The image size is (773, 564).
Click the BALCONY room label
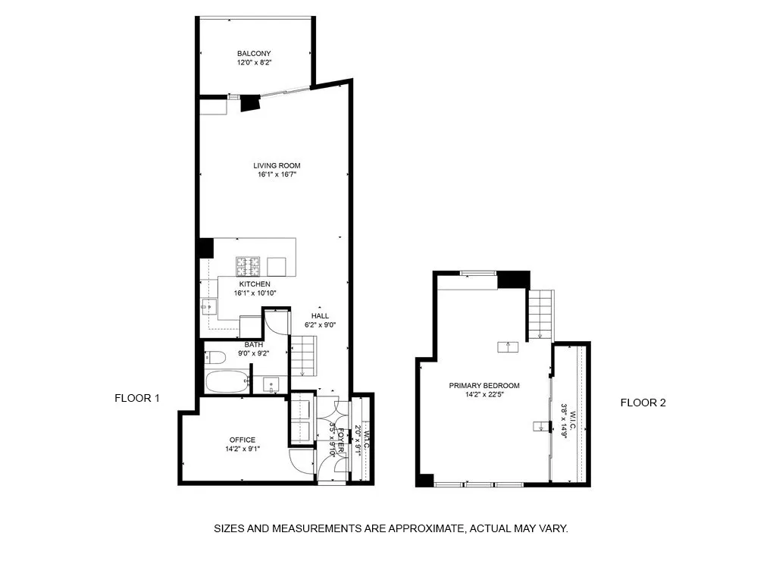click(x=254, y=53)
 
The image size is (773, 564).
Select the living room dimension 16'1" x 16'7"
click(x=277, y=175)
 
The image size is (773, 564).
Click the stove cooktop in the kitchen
click(x=247, y=266)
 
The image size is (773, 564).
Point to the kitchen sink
click(x=208, y=306)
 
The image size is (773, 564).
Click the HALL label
click(x=320, y=315)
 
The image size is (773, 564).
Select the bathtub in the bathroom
click(x=227, y=381)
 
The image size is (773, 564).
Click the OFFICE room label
click(x=243, y=440)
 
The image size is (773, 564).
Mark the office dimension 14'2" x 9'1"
click(x=243, y=449)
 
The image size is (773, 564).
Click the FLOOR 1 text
click(x=137, y=398)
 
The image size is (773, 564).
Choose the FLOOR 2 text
click(x=643, y=403)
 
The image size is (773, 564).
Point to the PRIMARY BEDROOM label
click(x=484, y=385)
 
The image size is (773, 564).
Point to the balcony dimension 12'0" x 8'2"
click(x=254, y=63)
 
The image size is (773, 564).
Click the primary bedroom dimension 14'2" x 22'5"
click(x=484, y=394)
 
